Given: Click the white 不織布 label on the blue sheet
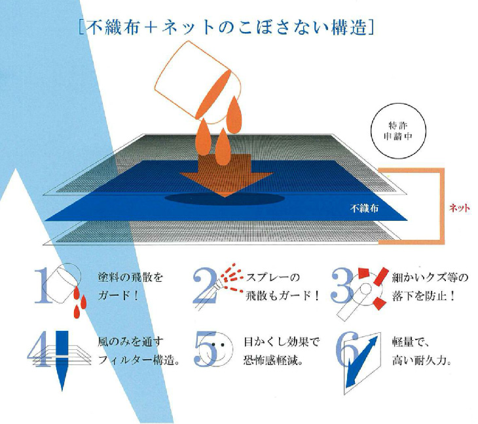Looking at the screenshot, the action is coord(364,208).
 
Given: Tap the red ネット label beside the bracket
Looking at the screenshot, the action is coord(459,208).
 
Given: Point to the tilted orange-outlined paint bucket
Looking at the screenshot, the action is coord(198,83).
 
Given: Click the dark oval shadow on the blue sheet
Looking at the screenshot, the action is coord(225,199).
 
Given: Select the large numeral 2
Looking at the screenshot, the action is coord(205,287).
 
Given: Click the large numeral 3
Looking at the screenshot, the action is coord(342,287).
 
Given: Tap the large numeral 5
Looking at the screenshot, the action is coord(206,349).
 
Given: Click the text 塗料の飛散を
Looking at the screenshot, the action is coord(130,279).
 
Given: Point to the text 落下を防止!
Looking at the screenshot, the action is coord(424,296).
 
